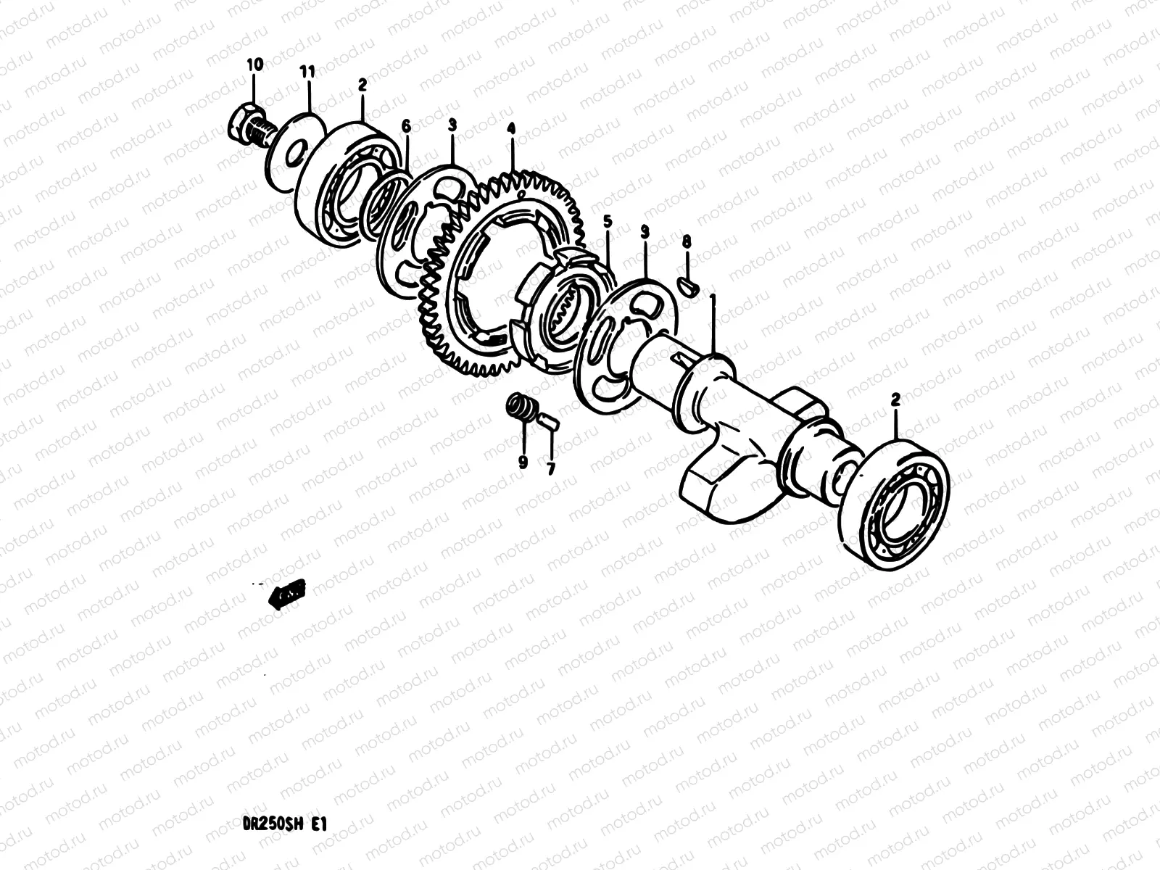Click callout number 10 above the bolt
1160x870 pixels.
(x=254, y=65)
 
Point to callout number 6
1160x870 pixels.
(x=406, y=127)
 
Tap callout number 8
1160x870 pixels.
(x=686, y=241)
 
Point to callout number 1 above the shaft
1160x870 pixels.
(x=713, y=302)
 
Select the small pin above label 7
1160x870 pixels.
(x=548, y=420)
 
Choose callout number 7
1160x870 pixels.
(x=550, y=469)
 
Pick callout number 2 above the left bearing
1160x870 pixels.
(x=362, y=85)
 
